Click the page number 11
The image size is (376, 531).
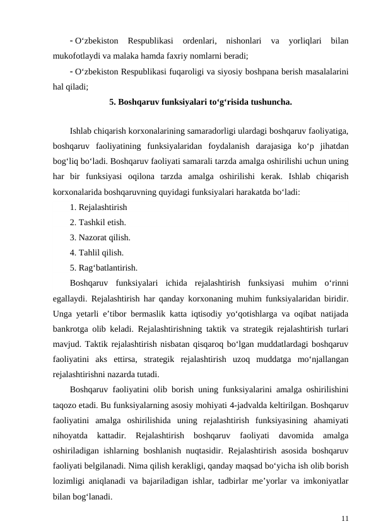pos(344,518)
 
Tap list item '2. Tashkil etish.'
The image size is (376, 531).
pos(98,223)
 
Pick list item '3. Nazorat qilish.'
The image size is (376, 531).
pos(100,238)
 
